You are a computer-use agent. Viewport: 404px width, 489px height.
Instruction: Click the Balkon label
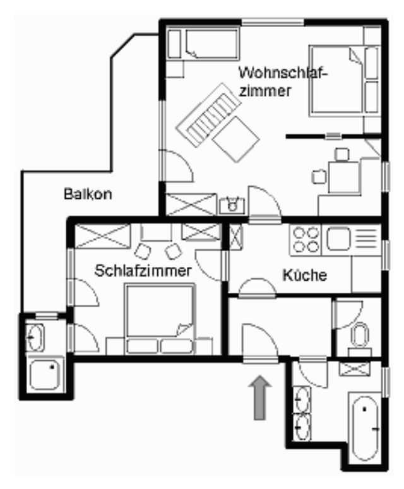pyautogui.click(x=88, y=194)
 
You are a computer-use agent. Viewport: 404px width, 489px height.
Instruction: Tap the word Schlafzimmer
pyautogui.click(x=143, y=271)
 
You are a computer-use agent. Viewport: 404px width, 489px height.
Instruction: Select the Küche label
pyautogui.click(x=304, y=275)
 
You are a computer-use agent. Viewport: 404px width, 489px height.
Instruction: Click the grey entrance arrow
pyautogui.click(x=260, y=398)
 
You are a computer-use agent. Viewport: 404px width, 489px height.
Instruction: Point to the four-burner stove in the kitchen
pyautogui.click(x=306, y=240)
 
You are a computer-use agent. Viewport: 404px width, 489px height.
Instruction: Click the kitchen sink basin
pyautogui.click(x=338, y=239)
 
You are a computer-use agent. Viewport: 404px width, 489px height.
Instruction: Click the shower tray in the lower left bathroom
pyautogui.click(x=45, y=374)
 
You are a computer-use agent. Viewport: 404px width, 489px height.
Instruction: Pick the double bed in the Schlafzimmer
pyautogui.click(x=160, y=319)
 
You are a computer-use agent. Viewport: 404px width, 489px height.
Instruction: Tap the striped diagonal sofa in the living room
pyautogui.click(x=208, y=115)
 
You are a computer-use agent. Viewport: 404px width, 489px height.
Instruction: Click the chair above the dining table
pyautogui.click(x=342, y=155)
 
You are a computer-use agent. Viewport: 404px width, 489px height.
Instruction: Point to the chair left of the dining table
pyautogui.click(x=319, y=177)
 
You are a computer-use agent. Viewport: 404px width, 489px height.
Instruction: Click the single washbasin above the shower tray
pyautogui.click(x=35, y=337)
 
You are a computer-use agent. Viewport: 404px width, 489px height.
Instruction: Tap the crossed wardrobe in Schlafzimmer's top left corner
pyautogui.click(x=103, y=236)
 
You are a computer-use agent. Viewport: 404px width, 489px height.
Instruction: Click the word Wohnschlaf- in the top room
pyautogui.click(x=283, y=73)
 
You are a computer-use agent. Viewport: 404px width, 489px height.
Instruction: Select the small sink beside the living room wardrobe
pyautogui.click(x=232, y=206)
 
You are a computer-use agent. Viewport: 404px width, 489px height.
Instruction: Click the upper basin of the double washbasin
pyautogui.click(x=302, y=399)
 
